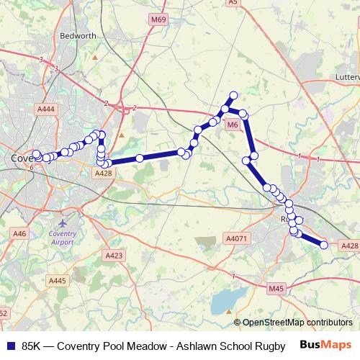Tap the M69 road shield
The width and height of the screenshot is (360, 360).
(158, 40)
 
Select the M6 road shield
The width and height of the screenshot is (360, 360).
(232, 125)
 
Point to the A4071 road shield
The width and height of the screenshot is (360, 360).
(236, 238)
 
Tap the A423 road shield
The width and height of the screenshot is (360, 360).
(114, 256)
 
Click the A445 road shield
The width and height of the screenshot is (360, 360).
(58, 281)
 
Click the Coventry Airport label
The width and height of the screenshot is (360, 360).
(61, 238)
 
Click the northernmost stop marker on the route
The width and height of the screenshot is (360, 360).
(233, 95)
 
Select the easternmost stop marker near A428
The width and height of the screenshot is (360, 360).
(324, 245)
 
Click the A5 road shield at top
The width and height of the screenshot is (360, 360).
(233, 3)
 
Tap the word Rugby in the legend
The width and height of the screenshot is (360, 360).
(263, 346)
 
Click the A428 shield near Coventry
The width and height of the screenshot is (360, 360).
(103, 174)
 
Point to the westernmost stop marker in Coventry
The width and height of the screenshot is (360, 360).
(37, 154)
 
